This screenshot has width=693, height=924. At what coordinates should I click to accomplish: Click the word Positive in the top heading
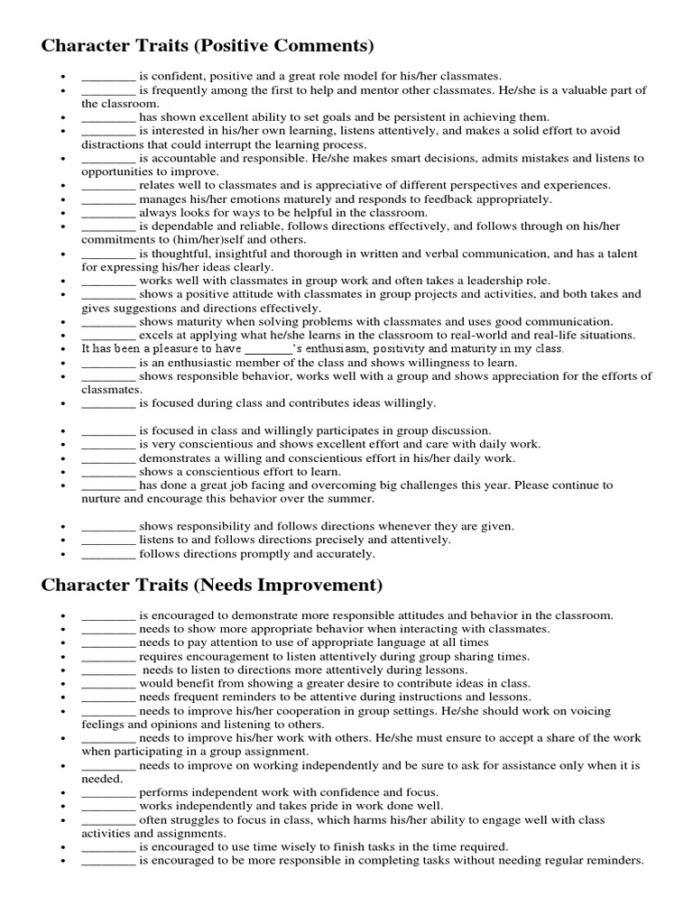click(x=245, y=46)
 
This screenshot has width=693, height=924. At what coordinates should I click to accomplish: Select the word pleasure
click(x=169, y=348)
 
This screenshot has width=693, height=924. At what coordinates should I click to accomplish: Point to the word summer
click(x=351, y=499)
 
